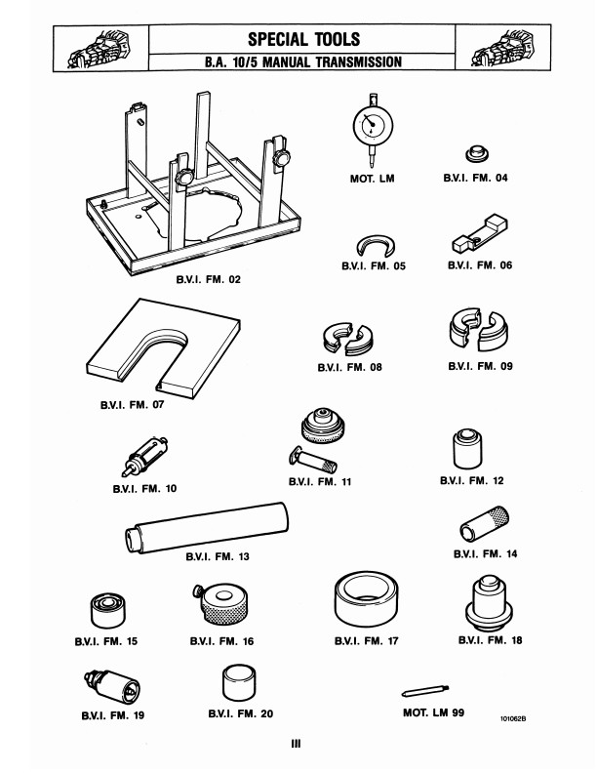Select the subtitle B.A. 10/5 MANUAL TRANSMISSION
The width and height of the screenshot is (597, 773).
tap(303, 61)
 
